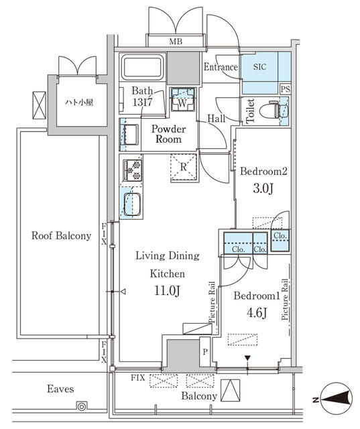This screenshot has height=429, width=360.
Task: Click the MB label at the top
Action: coord(176,42)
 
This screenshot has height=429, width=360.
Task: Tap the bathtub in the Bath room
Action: coord(142,67)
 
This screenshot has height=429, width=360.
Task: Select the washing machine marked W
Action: coord(183,99)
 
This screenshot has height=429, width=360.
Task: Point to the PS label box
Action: coord(286,89)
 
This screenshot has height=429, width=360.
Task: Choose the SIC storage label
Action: coord(259,67)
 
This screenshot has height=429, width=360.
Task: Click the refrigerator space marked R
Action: coord(184,168)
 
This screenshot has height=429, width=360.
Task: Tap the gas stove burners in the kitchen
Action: coord(132,170)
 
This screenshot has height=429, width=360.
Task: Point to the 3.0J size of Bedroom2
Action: coord(263,188)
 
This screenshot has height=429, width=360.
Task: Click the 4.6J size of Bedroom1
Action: coord(257,313)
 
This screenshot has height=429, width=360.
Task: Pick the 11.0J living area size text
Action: coord(167,291)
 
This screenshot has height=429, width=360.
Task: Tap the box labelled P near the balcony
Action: coord(205,352)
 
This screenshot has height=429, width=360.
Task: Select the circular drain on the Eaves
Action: coord(82,407)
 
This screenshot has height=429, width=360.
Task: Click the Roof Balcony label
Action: coord(61,235)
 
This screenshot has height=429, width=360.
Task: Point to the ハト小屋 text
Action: coord(79,103)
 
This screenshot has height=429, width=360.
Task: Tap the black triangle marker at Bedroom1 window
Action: coord(247,358)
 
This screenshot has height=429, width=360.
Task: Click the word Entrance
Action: coord(221,67)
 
